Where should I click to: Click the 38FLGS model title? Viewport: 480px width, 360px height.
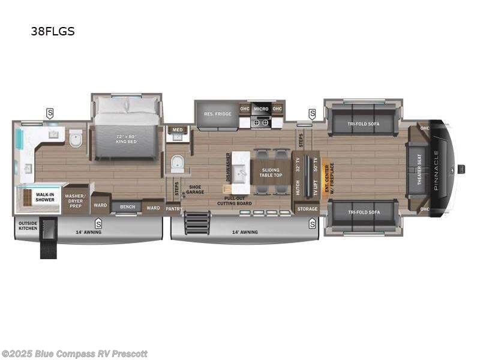point(53,32)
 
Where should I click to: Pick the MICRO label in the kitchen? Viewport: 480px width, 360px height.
point(260,109)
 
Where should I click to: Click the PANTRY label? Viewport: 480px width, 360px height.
point(173,209)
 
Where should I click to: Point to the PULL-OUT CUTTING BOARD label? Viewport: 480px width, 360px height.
point(238,200)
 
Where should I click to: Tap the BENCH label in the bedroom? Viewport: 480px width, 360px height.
point(127,207)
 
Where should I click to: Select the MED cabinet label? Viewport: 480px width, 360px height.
point(178,129)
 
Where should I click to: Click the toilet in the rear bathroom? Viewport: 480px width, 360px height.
point(75,140)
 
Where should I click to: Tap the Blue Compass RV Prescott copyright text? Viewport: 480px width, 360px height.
point(74,353)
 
